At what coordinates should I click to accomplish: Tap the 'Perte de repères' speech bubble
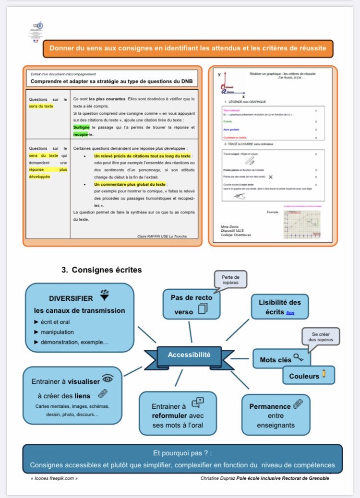point(230,280)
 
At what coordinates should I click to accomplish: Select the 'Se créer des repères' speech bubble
point(321,336)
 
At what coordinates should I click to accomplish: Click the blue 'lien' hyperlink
point(290,312)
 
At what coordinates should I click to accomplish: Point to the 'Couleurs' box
point(308,376)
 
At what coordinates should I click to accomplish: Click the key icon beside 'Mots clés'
point(299,357)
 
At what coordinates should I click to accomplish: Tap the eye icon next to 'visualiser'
point(108,379)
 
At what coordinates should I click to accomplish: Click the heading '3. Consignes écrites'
point(102,270)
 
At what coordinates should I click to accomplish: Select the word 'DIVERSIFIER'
point(71,298)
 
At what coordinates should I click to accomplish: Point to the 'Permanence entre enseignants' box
point(276,415)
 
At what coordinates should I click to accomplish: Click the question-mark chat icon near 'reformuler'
point(197,402)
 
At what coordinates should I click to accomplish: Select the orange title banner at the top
point(188,48)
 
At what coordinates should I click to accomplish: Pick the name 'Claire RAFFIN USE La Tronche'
point(162,236)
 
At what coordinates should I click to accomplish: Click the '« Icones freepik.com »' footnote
point(54,478)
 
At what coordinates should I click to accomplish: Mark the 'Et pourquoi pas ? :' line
point(182,453)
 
